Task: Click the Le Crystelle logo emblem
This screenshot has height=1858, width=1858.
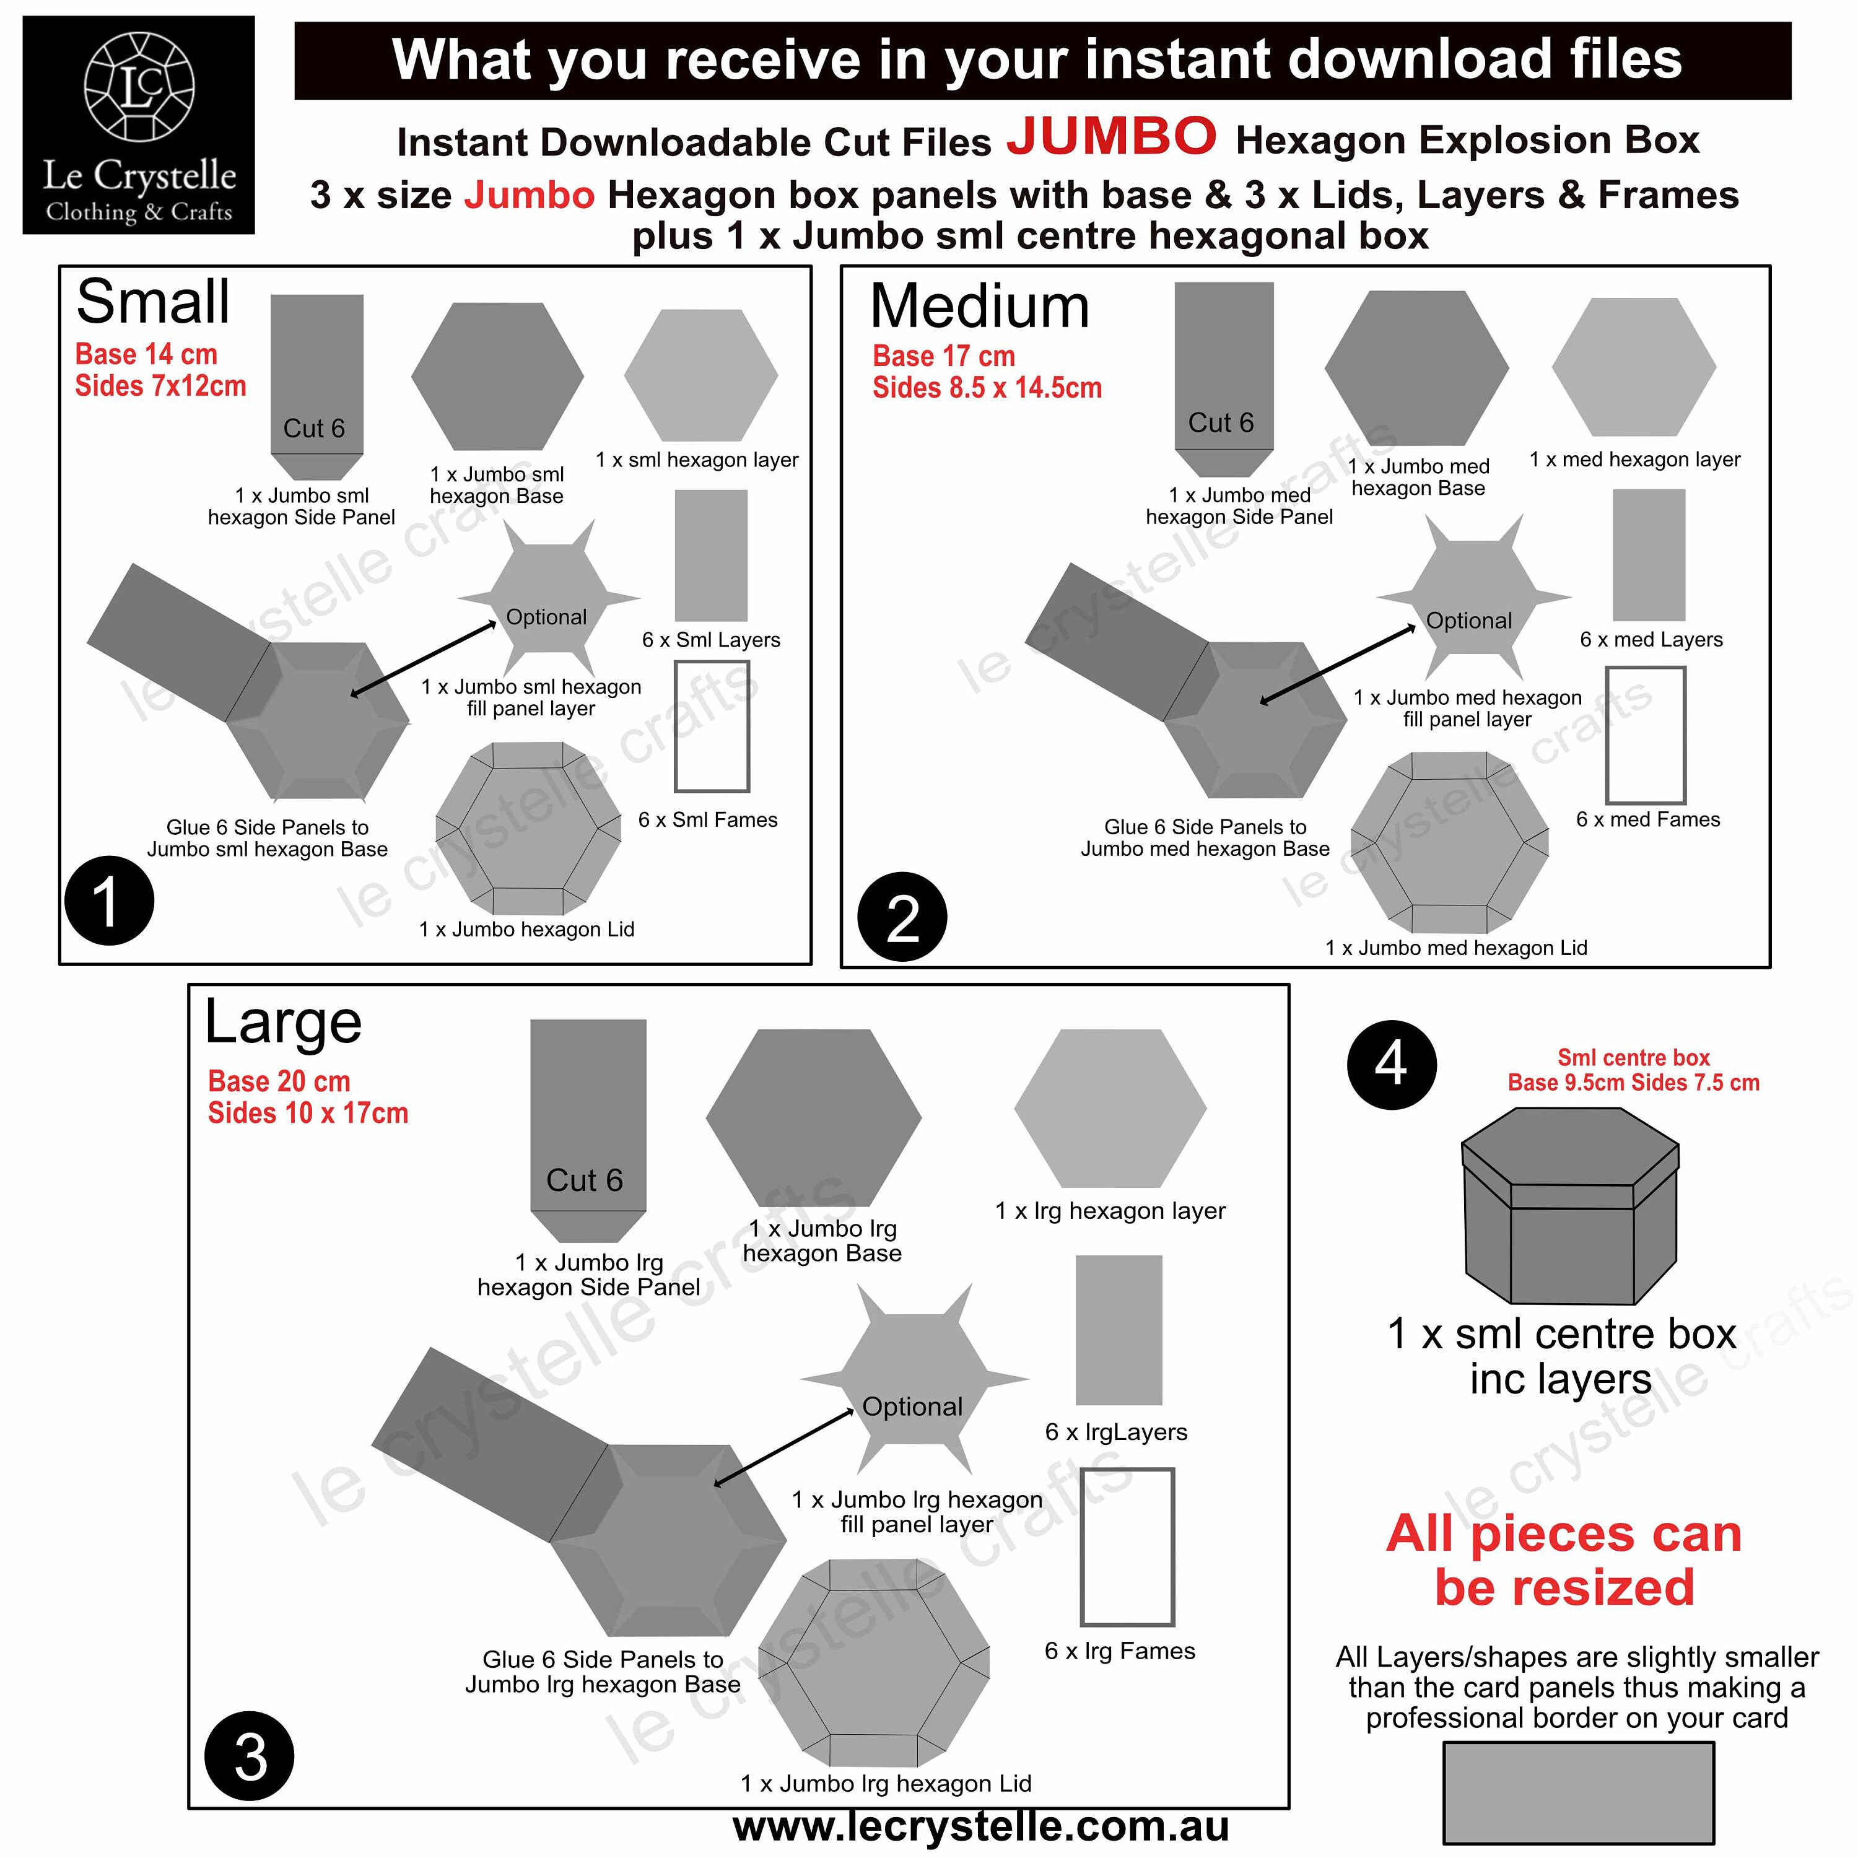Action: coord(139,87)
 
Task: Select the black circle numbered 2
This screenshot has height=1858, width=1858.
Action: coord(902,917)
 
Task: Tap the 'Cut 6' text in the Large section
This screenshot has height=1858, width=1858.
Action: coord(585,1180)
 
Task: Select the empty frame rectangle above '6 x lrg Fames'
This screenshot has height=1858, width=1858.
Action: coord(1127,1546)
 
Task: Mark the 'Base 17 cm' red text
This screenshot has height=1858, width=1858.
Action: coord(943,356)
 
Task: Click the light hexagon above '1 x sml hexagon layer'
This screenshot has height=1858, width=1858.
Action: coord(701,375)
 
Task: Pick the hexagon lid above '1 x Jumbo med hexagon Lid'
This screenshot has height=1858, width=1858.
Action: coord(1449,842)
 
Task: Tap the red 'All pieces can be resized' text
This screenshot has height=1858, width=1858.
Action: coord(1564,1560)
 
